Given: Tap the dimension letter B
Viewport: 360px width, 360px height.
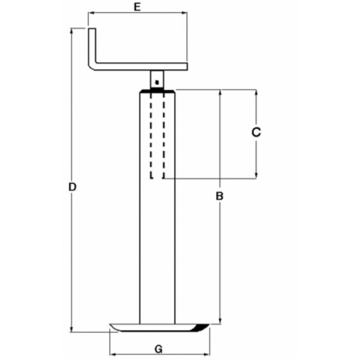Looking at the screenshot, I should (220, 196).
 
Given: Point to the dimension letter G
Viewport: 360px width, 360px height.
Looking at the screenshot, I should (158, 349).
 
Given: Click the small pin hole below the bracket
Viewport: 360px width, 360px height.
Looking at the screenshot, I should (156, 82).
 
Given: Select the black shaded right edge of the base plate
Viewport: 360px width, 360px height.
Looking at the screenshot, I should (201, 328).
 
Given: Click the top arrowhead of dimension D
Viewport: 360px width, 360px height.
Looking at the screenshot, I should (72, 31).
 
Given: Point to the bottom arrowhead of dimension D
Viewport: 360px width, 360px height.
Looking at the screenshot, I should (72, 329).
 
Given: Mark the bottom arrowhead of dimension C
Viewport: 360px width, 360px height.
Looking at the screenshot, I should (256, 175).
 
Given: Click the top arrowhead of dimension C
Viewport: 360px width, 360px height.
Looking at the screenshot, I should (256, 93).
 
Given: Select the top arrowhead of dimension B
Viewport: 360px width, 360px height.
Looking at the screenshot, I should (220, 93).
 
